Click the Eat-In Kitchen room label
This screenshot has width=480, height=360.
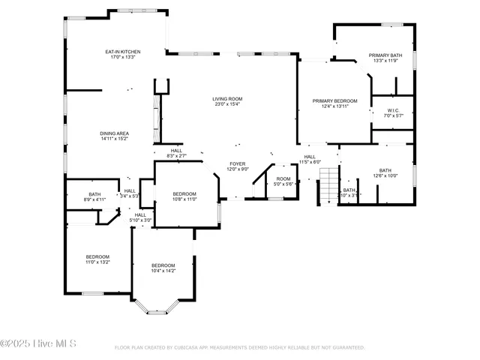(123, 52)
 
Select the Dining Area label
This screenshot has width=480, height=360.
(115, 133)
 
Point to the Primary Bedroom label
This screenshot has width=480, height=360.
(334, 100)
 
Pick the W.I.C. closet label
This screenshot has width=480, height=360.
(394, 110)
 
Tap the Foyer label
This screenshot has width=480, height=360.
(237, 163)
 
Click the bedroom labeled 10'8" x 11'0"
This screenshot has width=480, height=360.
(184, 193)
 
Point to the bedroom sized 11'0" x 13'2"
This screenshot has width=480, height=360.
(97, 257)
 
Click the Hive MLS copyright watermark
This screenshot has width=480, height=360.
(39, 344)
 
